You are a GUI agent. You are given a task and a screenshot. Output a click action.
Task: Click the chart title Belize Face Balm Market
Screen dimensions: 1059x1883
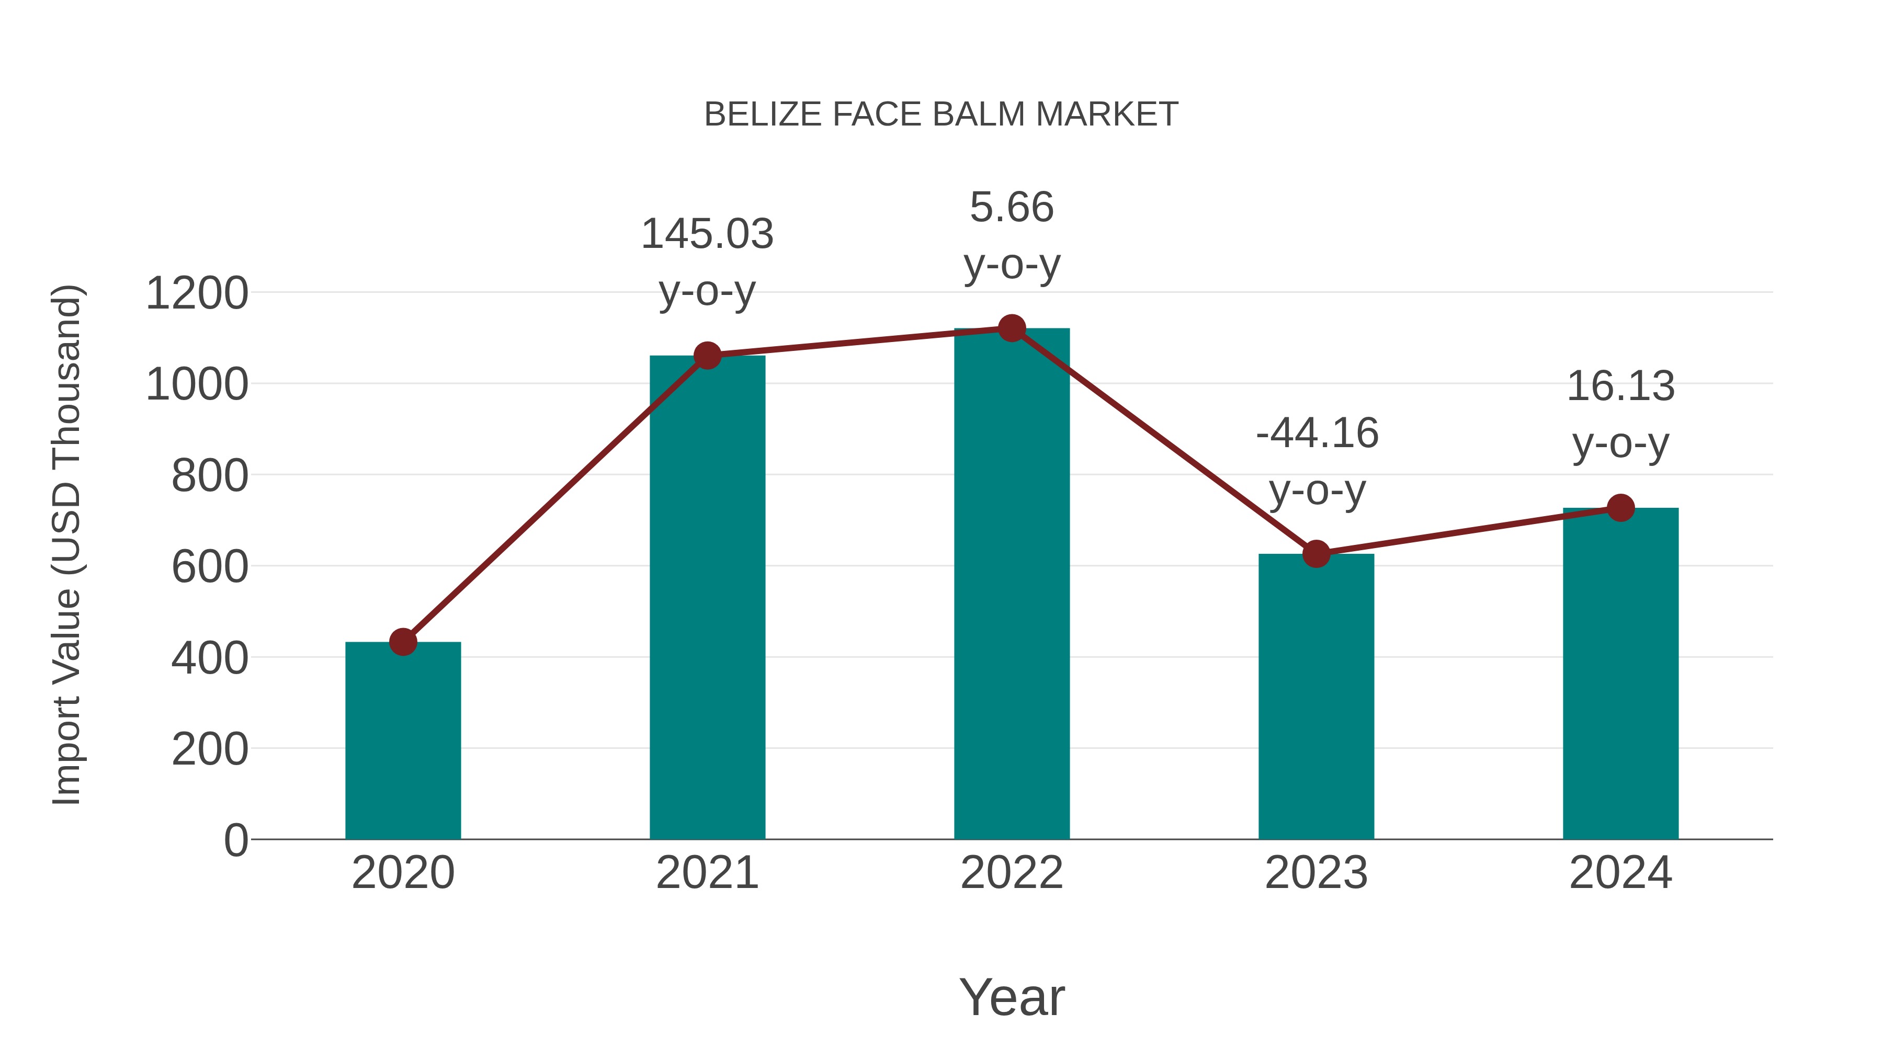[941, 115]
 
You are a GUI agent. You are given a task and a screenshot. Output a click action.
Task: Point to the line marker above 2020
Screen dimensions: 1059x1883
[403, 642]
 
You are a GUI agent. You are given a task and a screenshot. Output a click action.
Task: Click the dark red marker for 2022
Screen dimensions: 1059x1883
[1012, 329]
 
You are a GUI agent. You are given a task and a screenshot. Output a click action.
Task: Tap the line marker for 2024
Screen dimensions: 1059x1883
[1620, 507]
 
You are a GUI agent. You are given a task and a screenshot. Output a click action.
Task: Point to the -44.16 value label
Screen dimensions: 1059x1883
[1317, 434]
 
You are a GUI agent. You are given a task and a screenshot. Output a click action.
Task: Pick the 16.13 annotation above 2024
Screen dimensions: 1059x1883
[1620, 386]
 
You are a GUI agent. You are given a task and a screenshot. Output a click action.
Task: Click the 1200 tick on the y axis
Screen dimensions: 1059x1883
[197, 294]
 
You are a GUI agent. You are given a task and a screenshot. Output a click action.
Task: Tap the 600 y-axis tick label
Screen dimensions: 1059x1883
[210, 567]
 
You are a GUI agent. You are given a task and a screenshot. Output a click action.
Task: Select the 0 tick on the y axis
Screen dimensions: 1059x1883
[236, 840]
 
